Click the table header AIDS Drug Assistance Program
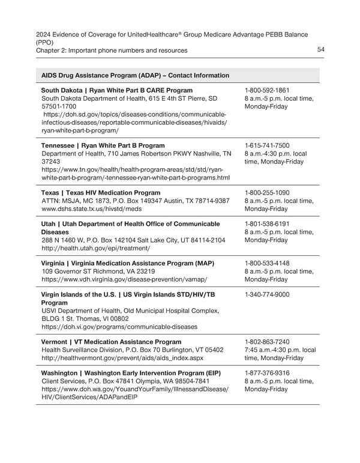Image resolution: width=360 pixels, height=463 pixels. (x=135, y=76)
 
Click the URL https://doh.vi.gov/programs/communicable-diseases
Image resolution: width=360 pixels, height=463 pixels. (x=119, y=327)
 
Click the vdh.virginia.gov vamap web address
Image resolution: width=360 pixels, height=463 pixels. (x=124, y=280)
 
